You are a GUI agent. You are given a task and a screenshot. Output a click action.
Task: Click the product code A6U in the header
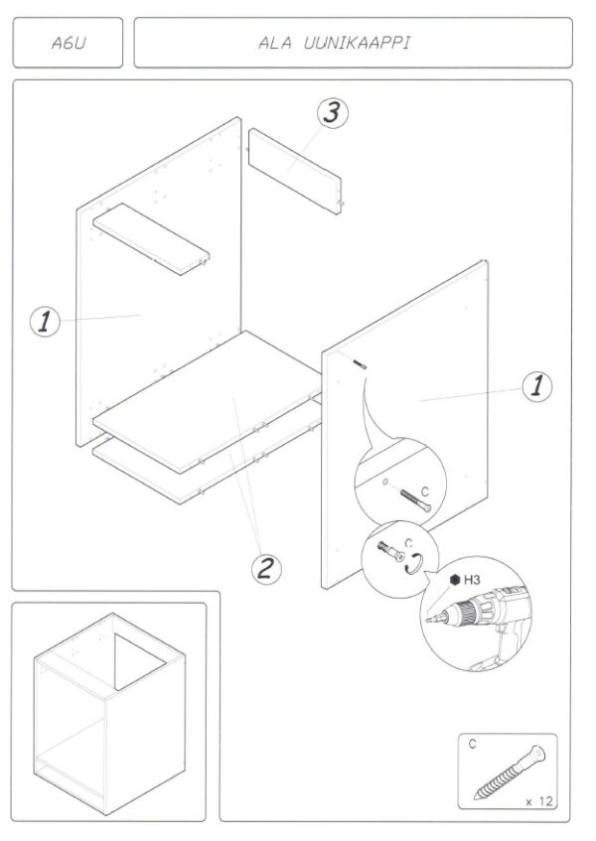pyautogui.click(x=69, y=43)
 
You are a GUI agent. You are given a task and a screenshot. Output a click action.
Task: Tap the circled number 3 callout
pyautogui.click(x=332, y=113)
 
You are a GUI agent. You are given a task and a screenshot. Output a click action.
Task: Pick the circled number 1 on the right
pyautogui.click(x=537, y=386)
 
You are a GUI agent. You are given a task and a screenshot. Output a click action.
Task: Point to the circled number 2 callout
pyautogui.click(x=264, y=569)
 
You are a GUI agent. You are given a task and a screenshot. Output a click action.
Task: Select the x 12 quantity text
pyautogui.click(x=536, y=799)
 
